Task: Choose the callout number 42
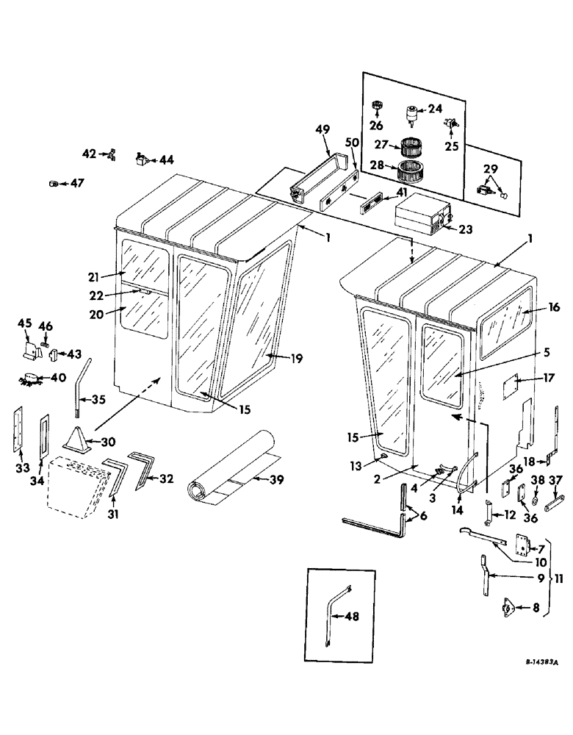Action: pos(89,153)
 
